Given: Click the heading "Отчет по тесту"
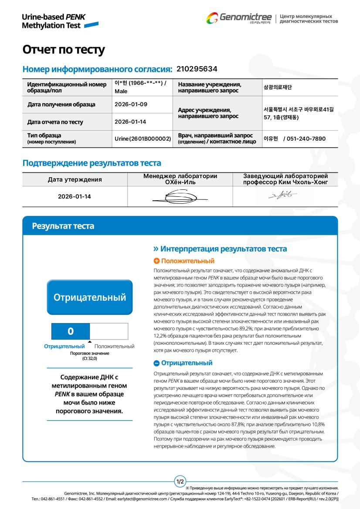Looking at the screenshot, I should [64, 50].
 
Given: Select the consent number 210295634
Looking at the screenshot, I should [197, 69].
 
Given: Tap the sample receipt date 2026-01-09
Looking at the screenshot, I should [131, 104].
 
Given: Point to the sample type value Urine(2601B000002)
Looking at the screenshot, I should [143, 138].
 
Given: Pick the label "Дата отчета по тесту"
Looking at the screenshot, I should [55, 122].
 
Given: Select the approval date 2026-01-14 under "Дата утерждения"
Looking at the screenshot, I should [75, 196].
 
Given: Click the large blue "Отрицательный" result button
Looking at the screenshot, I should [90, 297].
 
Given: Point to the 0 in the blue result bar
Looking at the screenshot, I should [71, 331].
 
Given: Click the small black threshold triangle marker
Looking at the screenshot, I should [90, 342].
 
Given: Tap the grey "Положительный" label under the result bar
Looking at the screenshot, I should [114, 347].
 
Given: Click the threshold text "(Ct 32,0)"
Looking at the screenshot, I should [90, 358].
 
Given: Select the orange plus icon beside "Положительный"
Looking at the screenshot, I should [157, 261].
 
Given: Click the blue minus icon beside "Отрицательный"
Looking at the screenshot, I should [157, 363].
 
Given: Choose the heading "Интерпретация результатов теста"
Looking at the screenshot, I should [224, 249].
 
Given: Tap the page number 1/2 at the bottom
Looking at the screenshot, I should [180, 482].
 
